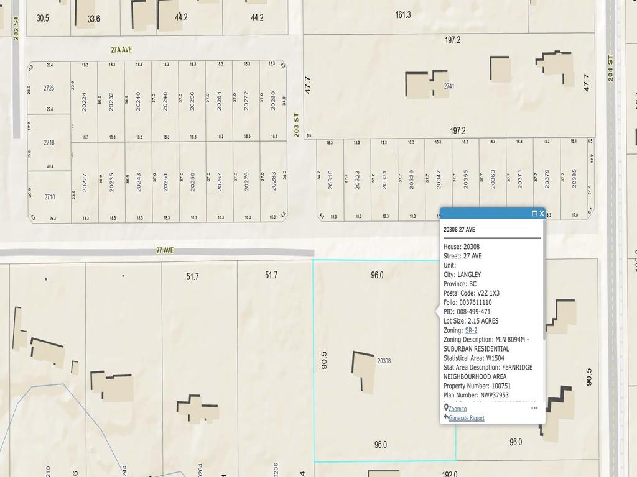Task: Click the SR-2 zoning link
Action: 471,330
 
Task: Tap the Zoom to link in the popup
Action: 457,409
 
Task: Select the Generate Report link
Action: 466,418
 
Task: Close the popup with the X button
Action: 542,214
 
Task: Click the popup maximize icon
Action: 534,214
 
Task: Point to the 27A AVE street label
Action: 121,50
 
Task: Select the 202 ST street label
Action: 17,27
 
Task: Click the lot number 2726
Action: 49,88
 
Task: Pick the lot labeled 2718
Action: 49,143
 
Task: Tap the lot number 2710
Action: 49,198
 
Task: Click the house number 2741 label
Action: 449,86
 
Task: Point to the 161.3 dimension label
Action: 403,14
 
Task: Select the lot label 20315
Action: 330,180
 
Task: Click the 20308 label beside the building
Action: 384,361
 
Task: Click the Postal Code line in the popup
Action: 471,293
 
